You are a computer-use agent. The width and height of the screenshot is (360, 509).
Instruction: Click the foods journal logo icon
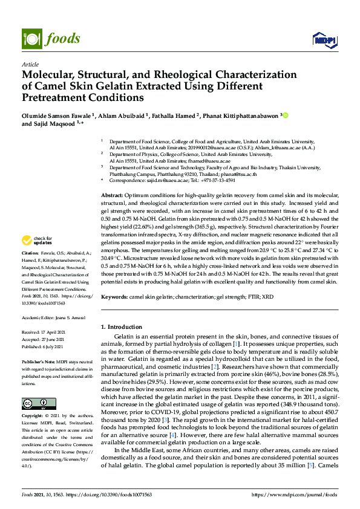coord(30,39)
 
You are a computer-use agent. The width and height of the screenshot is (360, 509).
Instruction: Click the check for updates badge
coord(39,239)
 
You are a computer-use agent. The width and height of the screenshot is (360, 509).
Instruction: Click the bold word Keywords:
coord(115,297)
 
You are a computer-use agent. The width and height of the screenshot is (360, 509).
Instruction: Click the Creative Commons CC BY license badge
coord(39,403)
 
